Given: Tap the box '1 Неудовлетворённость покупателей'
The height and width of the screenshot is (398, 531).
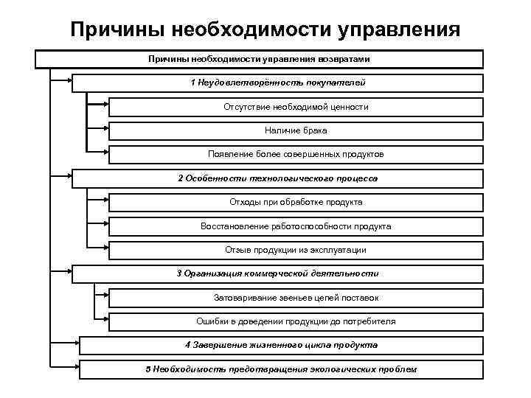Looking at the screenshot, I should click(277, 83).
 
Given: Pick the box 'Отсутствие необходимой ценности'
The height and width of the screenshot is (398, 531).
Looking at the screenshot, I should click(296, 107).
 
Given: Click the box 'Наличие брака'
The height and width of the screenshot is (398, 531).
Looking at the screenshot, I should click(296, 130).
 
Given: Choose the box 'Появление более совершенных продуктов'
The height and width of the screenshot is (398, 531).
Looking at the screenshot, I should click(296, 154).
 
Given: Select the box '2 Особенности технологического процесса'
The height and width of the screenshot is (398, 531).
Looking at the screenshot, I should click(277, 178).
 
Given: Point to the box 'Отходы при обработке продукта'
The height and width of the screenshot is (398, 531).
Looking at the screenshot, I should click(296, 202).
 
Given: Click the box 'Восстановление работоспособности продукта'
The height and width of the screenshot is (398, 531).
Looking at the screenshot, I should click(296, 226).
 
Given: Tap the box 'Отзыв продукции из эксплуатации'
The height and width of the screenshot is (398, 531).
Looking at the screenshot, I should click(296, 249).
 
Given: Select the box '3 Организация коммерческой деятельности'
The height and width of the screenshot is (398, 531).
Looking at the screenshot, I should click(277, 273).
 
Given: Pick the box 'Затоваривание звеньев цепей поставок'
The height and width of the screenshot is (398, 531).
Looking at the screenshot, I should click(296, 298).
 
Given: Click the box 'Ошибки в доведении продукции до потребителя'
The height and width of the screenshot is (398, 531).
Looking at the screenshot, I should click(296, 321).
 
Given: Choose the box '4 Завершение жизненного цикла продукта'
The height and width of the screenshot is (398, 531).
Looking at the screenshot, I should click(281, 345).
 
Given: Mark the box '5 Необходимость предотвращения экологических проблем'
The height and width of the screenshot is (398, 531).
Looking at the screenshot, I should click(281, 369).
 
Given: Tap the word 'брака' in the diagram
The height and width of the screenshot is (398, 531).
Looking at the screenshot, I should click(315, 130).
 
